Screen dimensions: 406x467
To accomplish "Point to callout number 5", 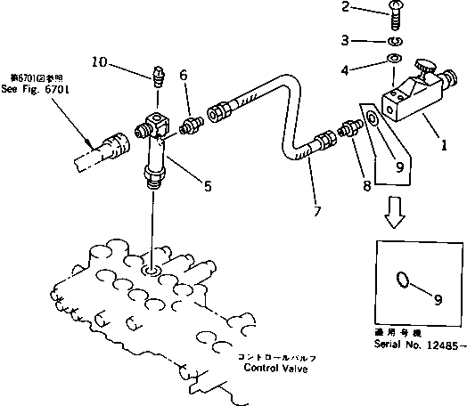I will [207, 187].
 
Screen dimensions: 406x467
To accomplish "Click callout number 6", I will [184, 78].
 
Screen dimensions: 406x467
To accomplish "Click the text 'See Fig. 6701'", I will [35, 90].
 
